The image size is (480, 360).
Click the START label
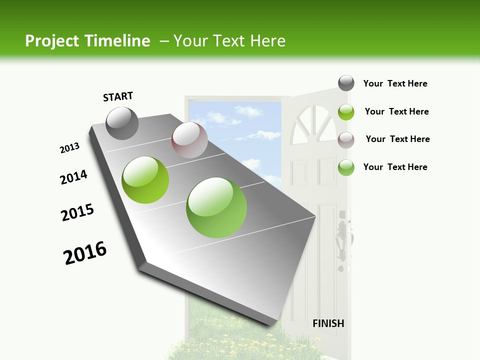click(118, 96)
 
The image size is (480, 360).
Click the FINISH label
click(328, 323)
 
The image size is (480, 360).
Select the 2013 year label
click(70, 148)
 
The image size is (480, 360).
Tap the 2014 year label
click(74, 177)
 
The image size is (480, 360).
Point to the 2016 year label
click(85, 253)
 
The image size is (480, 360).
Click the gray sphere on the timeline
click(122, 123)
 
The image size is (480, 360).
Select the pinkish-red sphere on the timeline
click(189, 140)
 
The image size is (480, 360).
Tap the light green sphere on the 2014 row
click(145, 180)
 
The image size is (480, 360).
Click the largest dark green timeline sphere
click(216, 207)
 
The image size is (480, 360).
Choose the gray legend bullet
click(346, 83)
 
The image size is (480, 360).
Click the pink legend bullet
click(346, 139)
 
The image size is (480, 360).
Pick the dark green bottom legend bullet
click(346, 167)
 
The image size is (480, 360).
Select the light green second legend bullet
click(346, 111)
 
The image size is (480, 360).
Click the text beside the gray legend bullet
click(395, 83)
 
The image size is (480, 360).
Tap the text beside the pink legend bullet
click(397, 139)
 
